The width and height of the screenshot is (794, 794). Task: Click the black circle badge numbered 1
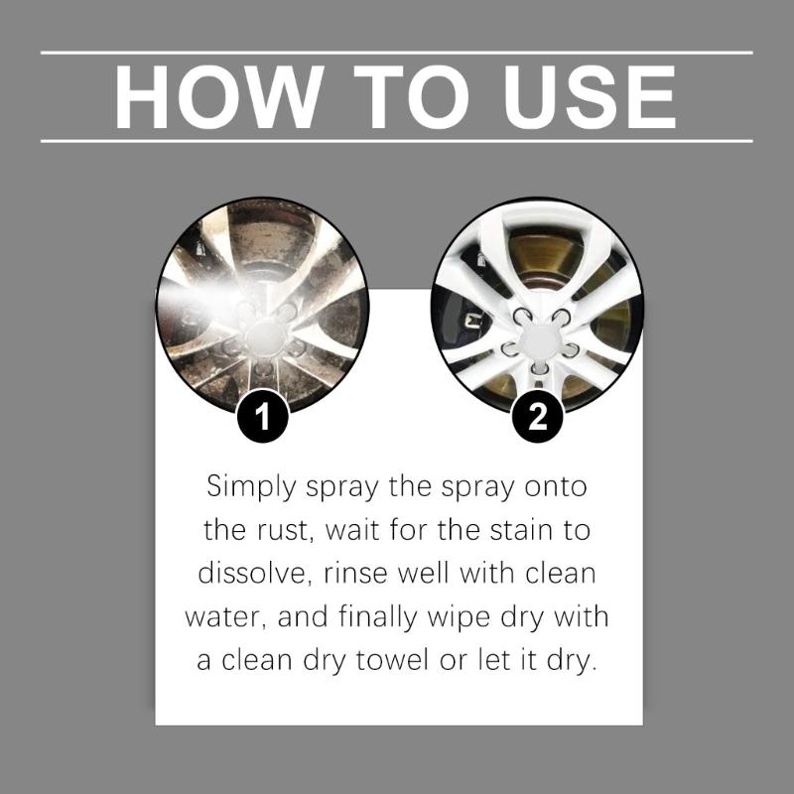tap(261, 417)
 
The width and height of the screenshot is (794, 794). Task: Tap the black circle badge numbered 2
tap(537, 417)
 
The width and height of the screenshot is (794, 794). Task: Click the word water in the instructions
tap(224, 617)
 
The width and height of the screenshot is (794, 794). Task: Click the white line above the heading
tap(397, 52)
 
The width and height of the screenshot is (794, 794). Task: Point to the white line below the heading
tap(397, 141)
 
